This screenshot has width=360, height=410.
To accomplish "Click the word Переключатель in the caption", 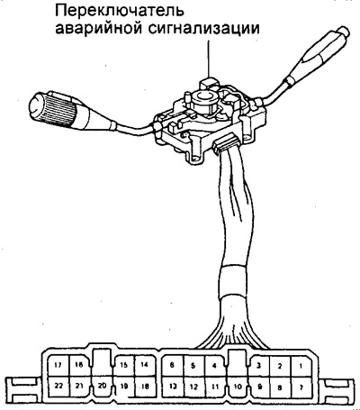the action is (x=119, y=12).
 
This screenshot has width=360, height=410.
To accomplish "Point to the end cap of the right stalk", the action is (x=343, y=32).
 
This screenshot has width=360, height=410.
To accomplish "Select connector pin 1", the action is (x=301, y=366).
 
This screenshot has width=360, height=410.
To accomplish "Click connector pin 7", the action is (x=301, y=387).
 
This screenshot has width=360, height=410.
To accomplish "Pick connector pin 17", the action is (x=58, y=365).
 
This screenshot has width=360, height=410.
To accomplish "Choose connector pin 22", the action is (x=58, y=386).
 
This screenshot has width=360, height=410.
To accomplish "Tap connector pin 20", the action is (x=102, y=386).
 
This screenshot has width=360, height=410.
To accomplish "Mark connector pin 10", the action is (x=238, y=387).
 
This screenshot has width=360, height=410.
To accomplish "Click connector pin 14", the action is (x=145, y=365).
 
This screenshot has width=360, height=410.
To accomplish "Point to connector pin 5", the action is (x=193, y=366).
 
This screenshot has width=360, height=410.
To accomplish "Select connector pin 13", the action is (x=173, y=387).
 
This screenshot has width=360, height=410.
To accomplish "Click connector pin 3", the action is (x=258, y=366).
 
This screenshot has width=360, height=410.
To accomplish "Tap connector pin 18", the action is (x=145, y=387).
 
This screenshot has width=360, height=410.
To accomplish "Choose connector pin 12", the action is (x=193, y=387).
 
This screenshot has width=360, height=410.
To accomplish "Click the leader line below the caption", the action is (x=209, y=59).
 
